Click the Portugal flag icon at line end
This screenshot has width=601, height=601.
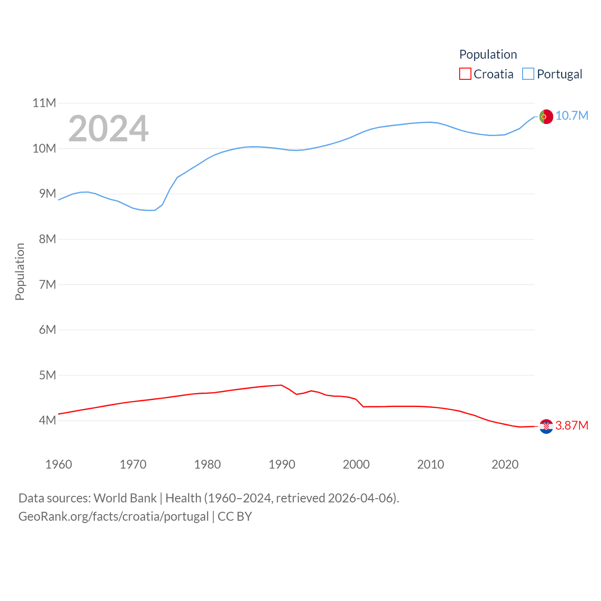546,116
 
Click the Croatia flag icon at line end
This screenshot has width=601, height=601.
546,426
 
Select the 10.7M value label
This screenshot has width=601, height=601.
571,116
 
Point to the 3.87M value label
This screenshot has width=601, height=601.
571,426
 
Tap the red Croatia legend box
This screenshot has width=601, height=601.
465,74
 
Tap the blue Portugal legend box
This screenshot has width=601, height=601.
528,74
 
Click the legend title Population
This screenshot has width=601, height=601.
488,54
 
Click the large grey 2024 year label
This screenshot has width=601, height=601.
108,129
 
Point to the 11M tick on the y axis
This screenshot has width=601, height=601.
44,103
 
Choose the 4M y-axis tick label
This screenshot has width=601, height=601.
47,420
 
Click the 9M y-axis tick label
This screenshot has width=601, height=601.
47,193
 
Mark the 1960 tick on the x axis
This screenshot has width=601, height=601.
59,464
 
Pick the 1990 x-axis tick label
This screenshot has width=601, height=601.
282,464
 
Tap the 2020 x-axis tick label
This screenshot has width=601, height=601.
505,464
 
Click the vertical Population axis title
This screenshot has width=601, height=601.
20,271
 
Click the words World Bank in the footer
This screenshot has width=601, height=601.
125,498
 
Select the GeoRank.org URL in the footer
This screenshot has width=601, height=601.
113,516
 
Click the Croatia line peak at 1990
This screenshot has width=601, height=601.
281,385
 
